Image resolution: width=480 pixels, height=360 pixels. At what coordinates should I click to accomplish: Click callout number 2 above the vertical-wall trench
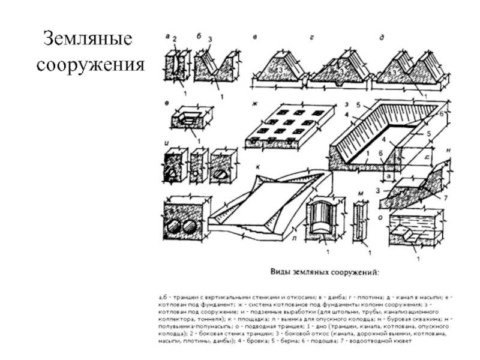[x=175, y=39]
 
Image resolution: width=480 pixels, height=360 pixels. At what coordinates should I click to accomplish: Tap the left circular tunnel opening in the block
[x=174, y=227]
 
